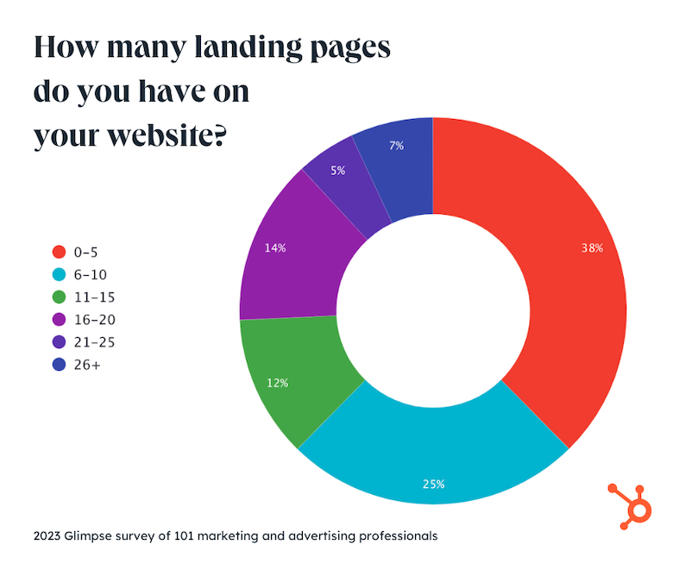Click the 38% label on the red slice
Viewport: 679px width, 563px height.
click(593, 248)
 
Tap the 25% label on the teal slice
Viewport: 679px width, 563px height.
click(434, 484)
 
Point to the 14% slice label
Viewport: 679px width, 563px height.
click(276, 248)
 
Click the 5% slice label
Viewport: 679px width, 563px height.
click(337, 171)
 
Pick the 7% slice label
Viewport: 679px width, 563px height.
click(397, 146)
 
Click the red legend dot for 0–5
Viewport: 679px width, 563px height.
click(60, 252)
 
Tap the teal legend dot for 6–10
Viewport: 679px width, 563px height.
click(60, 274)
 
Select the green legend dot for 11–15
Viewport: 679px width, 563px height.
click(60, 297)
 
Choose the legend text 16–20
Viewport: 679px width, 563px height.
click(96, 320)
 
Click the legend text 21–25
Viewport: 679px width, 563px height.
click(96, 342)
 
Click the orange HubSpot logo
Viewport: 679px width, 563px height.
click(633, 504)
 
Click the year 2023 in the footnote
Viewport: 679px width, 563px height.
click(48, 535)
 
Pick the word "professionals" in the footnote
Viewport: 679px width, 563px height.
click(396, 535)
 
